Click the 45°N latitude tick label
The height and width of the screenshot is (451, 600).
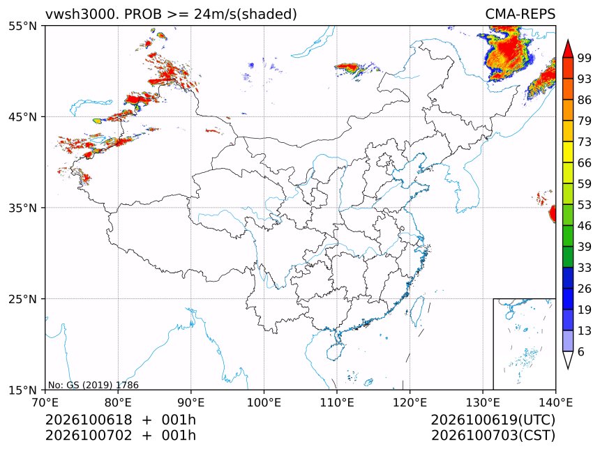[x=22, y=116]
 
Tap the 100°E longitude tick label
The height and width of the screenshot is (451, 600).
[x=264, y=402]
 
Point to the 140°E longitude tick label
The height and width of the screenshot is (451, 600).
[x=555, y=402]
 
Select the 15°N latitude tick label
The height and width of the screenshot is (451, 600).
[x=22, y=390]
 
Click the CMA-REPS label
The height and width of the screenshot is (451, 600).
[x=520, y=14]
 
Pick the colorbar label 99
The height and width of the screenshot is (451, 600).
[x=585, y=58]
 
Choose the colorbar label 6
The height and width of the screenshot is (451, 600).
[x=581, y=351]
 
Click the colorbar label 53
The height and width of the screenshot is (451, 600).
[x=585, y=205]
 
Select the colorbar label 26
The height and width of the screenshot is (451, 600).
[x=585, y=289]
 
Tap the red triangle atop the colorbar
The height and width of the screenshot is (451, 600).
[x=568, y=49]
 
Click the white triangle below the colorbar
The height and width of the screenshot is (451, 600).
[x=568, y=360]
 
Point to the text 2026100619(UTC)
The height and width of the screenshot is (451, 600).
[x=493, y=420]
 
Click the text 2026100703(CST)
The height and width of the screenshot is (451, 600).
[x=493, y=436]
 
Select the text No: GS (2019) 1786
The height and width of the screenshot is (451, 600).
[x=93, y=385]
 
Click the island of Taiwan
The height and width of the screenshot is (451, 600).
[x=417, y=310]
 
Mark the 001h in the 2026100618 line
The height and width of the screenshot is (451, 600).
[x=179, y=420]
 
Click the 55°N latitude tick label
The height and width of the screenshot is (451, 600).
[x=22, y=26]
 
